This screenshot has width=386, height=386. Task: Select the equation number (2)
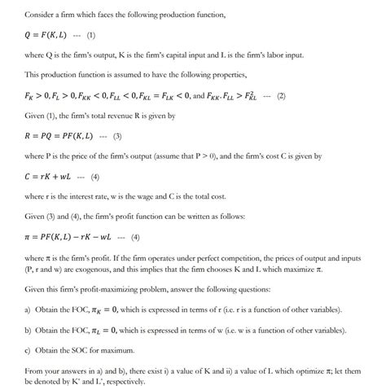tap(281, 96)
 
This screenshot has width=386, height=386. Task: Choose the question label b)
tap(29, 332)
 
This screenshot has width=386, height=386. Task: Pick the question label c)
tap(29, 352)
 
